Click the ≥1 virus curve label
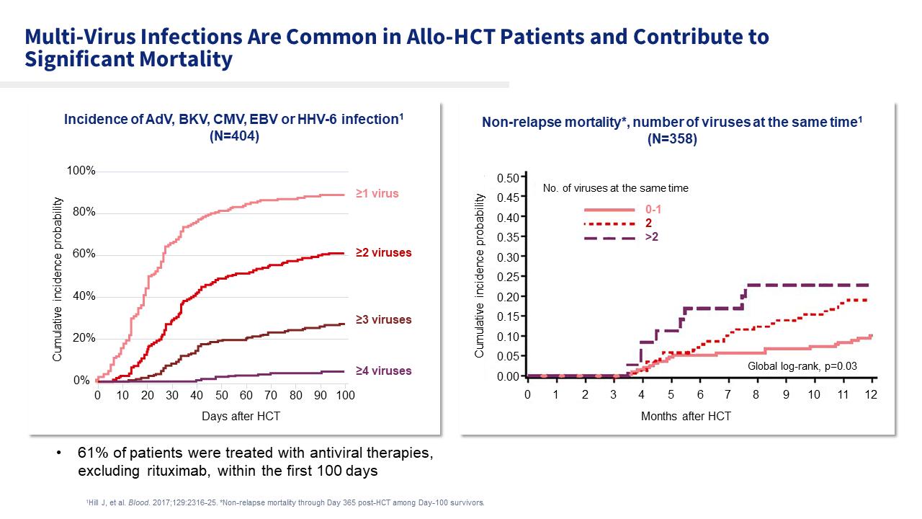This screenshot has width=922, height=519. pyautogui.click(x=377, y=194)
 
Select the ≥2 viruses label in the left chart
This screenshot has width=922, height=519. pyautogui.click(x=383, y=253)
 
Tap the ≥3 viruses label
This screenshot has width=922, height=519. pyautogui.click(x=383, y=320)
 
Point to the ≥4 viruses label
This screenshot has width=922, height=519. pyautogui.click(x=383, y=371)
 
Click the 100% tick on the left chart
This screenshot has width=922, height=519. pyautogui.click(x=81, y=171)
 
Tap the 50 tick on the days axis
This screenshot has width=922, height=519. pyautogui.click(x=221, y=396)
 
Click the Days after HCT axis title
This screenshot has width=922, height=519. pyautogui.click(x=221, y=417)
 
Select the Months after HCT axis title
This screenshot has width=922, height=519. pyautogui.click(x=686, y=417)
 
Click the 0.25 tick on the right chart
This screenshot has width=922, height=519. pyautogui.click(x=509, y=277)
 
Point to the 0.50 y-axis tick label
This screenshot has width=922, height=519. pyautogui.click(x=509, y=178)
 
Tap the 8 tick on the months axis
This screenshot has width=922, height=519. pyautogui.click(x=756, y=395)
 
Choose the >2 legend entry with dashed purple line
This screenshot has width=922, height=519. pyautogui.click(x=652, y=236)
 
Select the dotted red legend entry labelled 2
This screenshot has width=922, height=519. pyautogui.click(x=649, y=223)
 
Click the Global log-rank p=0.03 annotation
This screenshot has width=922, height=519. pyautogui.click(x=802, y=366)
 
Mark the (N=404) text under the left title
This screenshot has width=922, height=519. pyautogui.click(x=233, y=136)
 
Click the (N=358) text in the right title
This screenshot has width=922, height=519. pyautogui.click(x=672, y=140)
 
